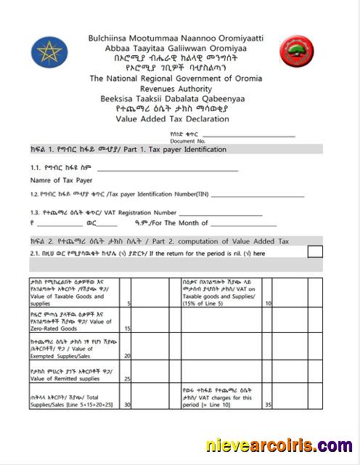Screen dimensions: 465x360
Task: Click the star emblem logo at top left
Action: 49,54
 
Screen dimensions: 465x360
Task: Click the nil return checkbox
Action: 315,251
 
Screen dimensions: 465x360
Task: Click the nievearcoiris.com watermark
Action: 279,445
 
